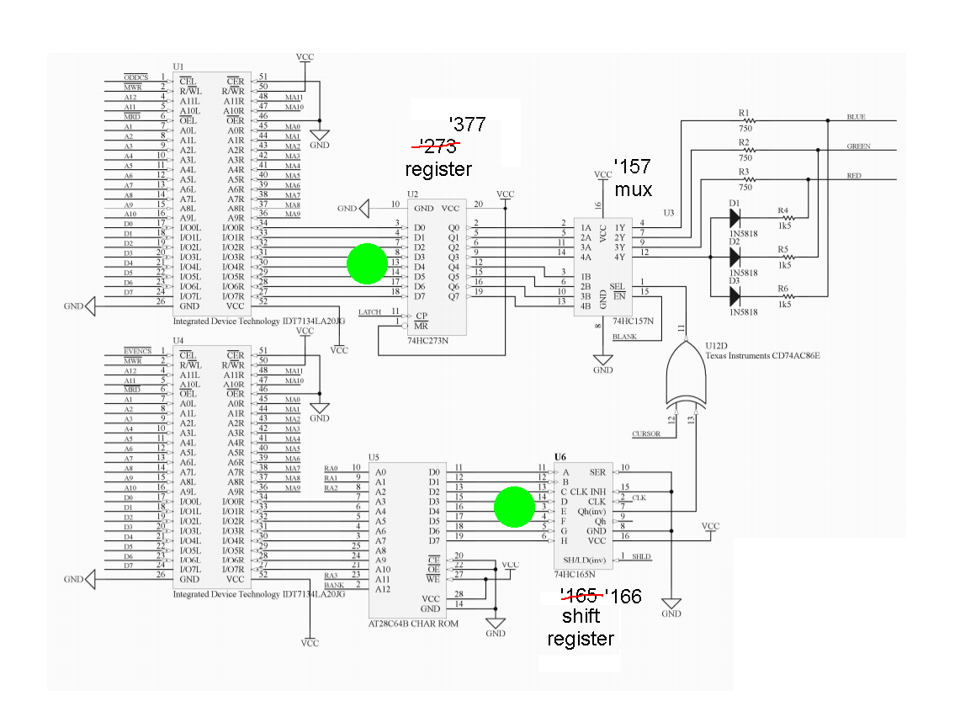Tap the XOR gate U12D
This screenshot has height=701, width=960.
[689, 377]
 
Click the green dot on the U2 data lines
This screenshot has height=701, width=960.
[368, 264]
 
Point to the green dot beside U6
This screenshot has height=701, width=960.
[514, 507]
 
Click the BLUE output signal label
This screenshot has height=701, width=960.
[857, 117]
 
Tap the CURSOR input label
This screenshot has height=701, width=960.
[646, 434]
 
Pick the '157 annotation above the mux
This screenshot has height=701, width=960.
[632, 167]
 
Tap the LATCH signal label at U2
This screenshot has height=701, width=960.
[370, 312]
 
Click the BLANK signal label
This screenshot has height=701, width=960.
[624, 337]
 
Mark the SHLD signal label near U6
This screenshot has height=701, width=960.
[642, 556]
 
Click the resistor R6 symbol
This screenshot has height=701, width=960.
[783, 296]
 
